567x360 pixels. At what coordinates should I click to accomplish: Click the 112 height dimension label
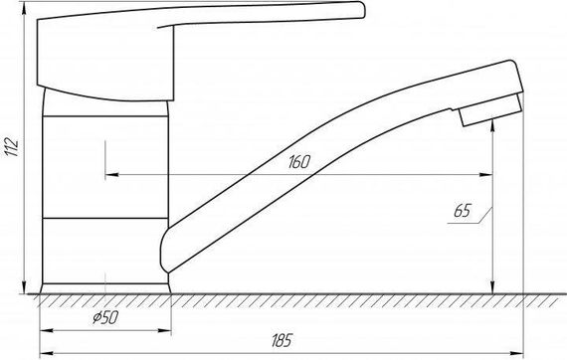click(11, 147)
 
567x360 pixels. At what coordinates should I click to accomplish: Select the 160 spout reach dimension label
click(299, 162)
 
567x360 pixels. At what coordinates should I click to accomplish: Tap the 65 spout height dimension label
click(463, 211)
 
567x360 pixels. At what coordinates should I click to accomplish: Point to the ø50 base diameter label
click(105, 317)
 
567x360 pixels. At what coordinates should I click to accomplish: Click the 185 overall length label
click(282, 340)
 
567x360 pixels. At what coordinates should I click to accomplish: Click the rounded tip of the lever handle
click(363, 9)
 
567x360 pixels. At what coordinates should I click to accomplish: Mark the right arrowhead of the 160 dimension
click(485, 175)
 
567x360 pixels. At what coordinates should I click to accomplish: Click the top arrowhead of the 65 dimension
click(492, 126)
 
